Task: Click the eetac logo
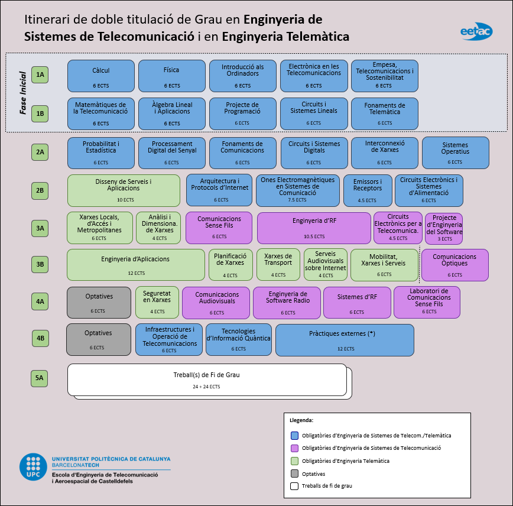(x=476, y=32)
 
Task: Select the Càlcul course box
(x=101, y=76)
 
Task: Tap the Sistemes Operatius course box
(x=455, y=153)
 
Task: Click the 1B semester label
(x=40, y=113)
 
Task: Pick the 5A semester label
(x=40, y=378)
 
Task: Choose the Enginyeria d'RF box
(x=314, y=228)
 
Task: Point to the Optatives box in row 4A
(x=99, y=302)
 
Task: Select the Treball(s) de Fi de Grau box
(x=207, y=380)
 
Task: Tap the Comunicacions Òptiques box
(x=454, y=264)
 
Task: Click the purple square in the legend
(x=294, y=448)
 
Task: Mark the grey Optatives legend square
(x=294, y=473)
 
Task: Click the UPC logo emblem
(x=33, y=467)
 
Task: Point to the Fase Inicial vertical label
(x=22, y=93)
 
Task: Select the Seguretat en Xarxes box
(x=157, y=302)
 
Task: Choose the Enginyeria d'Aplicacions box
(x=135, y=264)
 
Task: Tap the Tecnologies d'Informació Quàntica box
(x=239, y=339)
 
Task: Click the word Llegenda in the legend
(x=302, y=420)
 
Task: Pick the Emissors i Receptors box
(x=368, y=190)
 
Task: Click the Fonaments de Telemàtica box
(x=385, y=113)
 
